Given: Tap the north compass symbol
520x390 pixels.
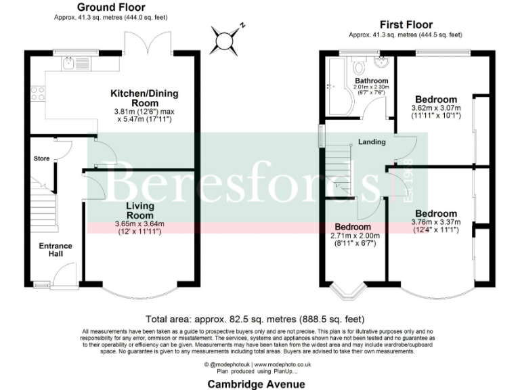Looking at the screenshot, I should [223, 40].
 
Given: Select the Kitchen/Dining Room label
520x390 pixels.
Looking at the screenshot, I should [144, 97].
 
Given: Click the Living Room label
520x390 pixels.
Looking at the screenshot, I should [139, 210].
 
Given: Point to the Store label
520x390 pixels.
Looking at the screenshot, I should [42, 158].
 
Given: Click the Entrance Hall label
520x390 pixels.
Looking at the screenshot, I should [55, 250].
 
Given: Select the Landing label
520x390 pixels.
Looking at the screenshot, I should [372, 142].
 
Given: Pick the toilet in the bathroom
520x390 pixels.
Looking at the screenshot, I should [360, 68].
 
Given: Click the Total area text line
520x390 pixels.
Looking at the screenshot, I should [255, 319].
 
